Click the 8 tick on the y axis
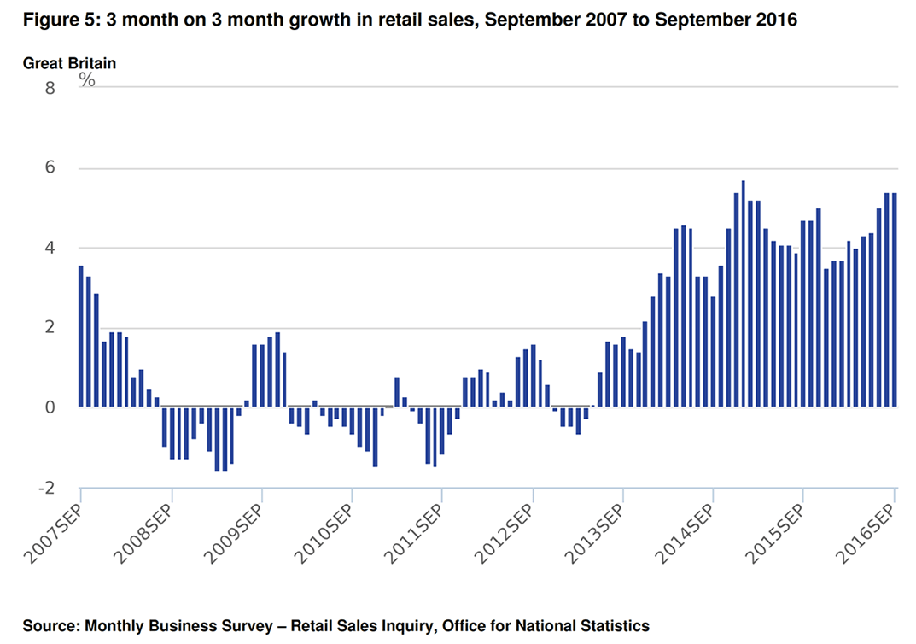49,87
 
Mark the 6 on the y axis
49,167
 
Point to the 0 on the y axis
49,407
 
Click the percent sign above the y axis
87,79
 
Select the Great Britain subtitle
69,62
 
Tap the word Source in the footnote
50,626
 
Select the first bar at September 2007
81,337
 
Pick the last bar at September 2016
895,300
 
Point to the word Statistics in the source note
613,626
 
